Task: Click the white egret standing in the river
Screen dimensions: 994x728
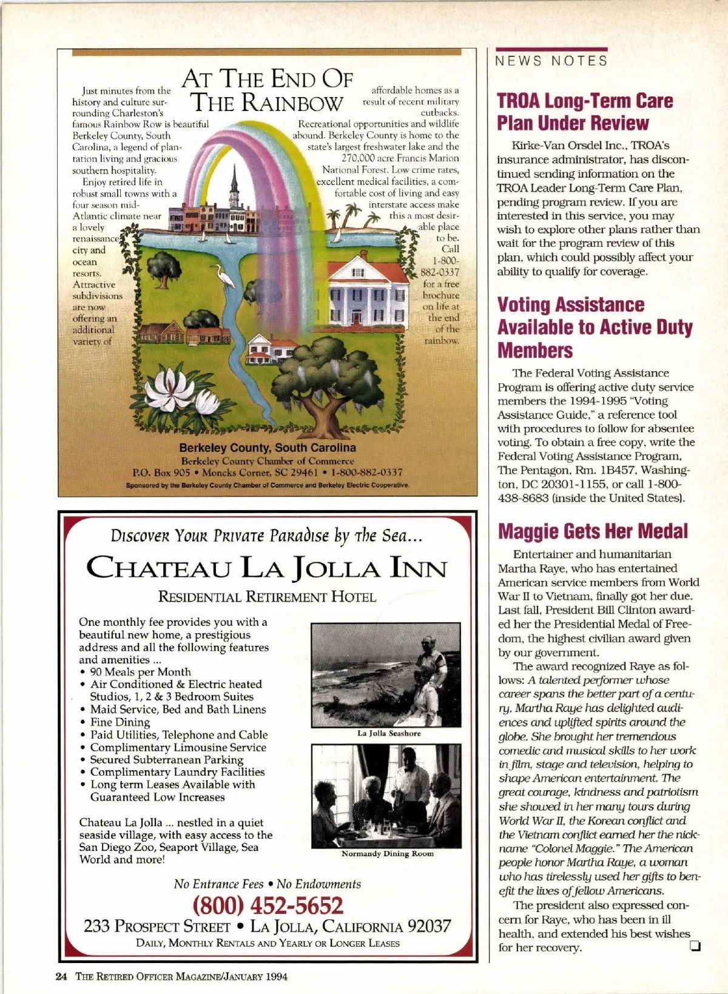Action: click(226, 277)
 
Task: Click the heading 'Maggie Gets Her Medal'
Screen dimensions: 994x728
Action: click(593, 531)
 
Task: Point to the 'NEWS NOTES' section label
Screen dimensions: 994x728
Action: click(551, 61)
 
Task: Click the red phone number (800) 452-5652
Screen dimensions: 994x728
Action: click(268, 905)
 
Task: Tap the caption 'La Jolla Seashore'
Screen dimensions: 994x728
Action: click(389, 733)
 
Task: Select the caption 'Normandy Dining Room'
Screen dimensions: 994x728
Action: click(388, 853)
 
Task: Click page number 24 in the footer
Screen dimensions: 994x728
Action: click(61, 976)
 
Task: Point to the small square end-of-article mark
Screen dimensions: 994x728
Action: click(695, 947)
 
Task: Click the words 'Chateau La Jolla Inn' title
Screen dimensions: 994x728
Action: click(266, 568)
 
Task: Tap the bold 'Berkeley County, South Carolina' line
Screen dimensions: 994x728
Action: click(268, 448)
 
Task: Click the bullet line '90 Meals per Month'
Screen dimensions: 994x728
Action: click(140, 671)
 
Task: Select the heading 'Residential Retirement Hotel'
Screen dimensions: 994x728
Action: click(267, 597)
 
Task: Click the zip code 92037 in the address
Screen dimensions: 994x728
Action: click(429, 926)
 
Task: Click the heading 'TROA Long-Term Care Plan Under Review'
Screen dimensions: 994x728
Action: click(585, 112)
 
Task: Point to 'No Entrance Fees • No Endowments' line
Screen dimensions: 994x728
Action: click(267, 884)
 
